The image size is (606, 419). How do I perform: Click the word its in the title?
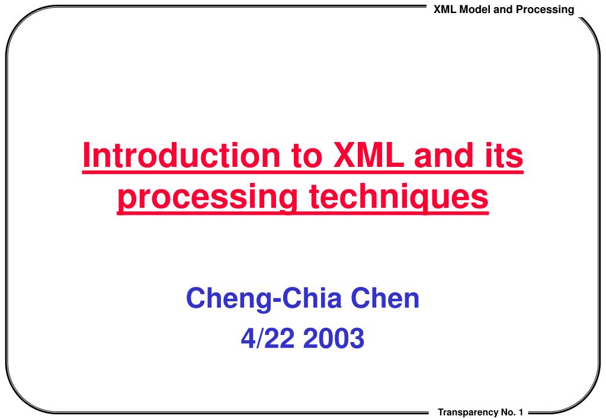pyautogui.click(x=504, y=155)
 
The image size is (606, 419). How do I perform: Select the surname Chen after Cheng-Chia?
pyautogui.click(x=385, y=298)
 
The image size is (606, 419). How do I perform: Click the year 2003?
pyautogui.click(x=334, y=338)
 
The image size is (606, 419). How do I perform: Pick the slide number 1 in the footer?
pyautogui.click(x=521, y=412)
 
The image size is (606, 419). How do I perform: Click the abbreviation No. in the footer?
pyautogui.click(x=508, y=412)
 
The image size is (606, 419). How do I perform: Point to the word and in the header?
pyautogui.click(x=503, y=9)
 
